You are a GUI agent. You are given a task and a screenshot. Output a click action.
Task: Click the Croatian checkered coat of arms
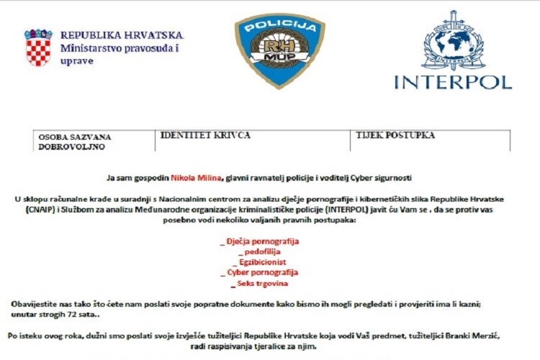pos(38,48)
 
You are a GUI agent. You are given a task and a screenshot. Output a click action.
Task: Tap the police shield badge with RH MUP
pos(279,49)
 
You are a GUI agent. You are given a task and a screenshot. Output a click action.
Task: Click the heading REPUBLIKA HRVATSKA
pos(122,35)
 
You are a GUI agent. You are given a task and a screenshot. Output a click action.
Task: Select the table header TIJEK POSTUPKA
pos(395,135)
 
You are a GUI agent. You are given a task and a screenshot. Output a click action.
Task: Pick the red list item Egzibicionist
pos(263,261)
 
